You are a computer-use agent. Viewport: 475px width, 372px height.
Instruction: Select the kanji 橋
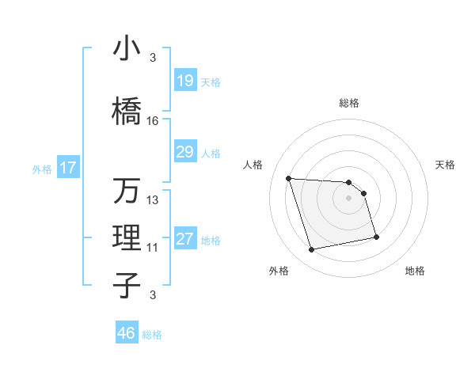126,112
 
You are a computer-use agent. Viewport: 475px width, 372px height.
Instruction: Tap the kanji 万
126,191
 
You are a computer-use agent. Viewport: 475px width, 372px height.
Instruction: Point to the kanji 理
126,238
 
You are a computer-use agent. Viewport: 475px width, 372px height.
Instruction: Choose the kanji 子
126,286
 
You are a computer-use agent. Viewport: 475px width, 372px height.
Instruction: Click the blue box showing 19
185,81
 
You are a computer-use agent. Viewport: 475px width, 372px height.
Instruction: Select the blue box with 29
185,152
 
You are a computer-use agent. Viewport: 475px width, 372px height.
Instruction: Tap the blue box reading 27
185,240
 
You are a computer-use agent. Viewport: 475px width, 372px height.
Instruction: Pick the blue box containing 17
67,168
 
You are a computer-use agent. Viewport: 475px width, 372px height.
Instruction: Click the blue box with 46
127,333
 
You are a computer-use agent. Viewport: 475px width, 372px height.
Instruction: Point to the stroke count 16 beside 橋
153,121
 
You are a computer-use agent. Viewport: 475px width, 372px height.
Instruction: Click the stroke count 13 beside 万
153,200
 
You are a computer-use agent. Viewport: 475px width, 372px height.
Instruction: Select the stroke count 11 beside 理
153,248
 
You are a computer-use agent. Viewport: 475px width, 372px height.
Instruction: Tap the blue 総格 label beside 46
152,335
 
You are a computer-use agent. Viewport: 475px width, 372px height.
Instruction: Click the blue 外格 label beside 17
41,169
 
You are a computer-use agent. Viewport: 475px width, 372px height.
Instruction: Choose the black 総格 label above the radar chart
348,103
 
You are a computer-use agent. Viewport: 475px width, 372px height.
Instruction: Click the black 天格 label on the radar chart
446,165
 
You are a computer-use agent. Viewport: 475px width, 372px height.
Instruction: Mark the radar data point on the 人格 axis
289,178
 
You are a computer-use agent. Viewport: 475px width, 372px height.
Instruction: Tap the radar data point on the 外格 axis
312,250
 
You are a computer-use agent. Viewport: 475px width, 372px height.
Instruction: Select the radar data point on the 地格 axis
376,237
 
